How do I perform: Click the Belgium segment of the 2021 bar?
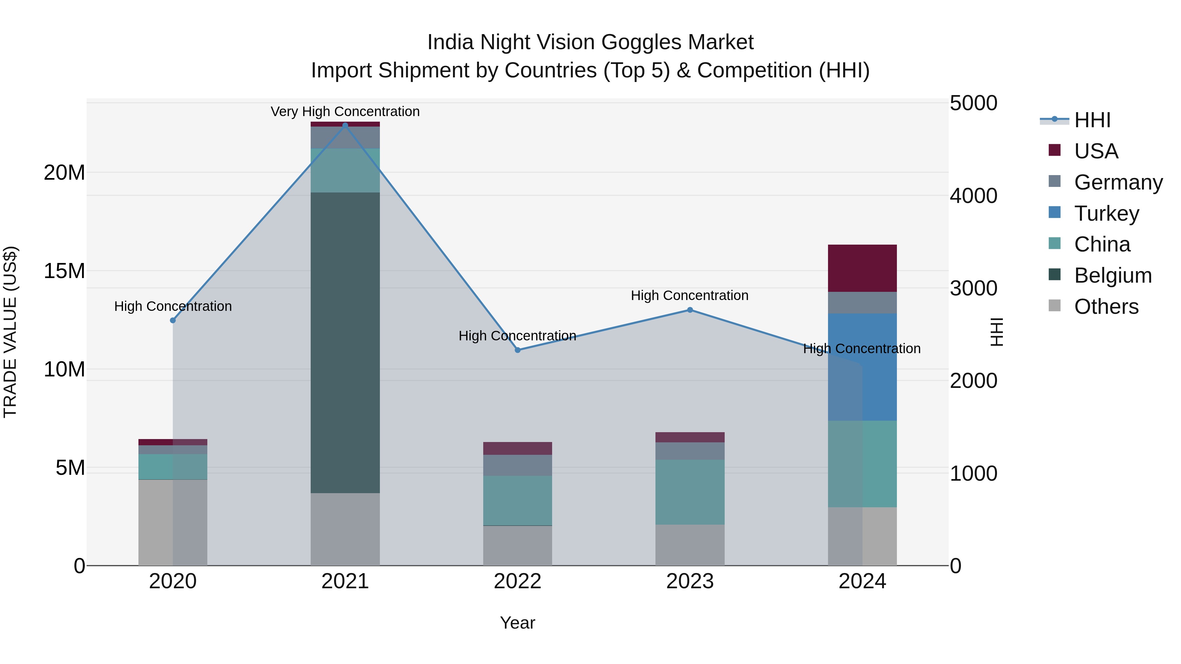coord(345,342)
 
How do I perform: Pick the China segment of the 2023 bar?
coord(690,492)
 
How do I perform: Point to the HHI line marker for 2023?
coord(690,310)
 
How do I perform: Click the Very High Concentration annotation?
coord(345,111)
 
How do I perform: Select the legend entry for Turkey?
coord(1106,213)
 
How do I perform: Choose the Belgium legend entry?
coord(1113,275)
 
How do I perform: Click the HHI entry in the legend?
coord(1092,120)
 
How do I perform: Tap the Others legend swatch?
coord(1054,306)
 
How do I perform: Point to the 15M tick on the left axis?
coord(64,271)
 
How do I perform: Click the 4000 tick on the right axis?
coord(973,196)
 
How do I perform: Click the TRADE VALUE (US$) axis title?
coord(10,332)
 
